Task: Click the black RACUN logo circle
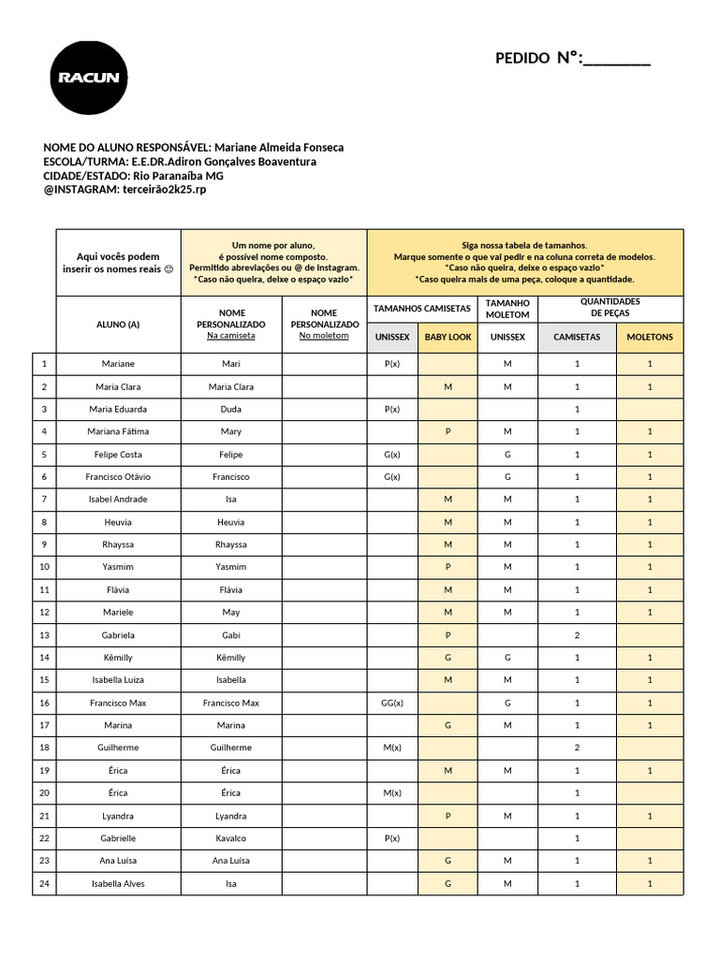click(89, 78)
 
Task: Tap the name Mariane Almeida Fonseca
click(279, 148)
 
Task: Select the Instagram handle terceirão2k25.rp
click(163, 189)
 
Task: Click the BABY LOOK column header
click(448, 337)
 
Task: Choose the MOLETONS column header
click(650, 337)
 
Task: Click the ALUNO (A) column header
click(118, 325)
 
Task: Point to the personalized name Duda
click(231, 409)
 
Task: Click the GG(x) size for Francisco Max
click(392, 703)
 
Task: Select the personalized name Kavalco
click(231, 838)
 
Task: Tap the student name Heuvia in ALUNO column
click(118, 522)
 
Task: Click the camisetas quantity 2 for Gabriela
click(577, 635)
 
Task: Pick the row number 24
click(44, 883)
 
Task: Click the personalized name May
click(231, 613)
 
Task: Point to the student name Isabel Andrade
click(118, 500)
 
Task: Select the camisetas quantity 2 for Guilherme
click(577, 748)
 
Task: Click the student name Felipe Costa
click(118, 455)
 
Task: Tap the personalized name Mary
click(231, 432)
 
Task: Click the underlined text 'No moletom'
click(324, 336)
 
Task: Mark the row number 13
click(44, 635)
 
